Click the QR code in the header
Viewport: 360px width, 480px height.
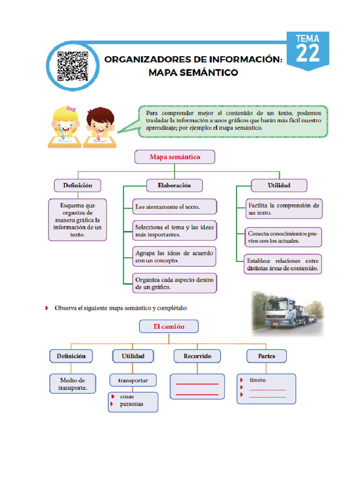point(73,67)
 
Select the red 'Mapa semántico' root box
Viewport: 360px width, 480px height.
point(175,157)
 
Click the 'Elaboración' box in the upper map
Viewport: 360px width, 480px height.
point(174,185)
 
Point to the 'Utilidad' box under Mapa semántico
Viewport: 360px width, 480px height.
point(279,185)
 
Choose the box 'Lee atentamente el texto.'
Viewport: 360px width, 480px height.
point(175,207)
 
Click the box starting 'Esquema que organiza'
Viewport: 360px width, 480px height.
point(77,219)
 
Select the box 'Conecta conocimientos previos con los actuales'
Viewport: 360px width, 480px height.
point(284,237)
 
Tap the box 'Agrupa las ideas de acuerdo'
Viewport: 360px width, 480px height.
point(174,256)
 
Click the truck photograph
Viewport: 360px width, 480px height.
point(287,313)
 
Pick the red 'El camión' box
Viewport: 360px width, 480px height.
point(169,326)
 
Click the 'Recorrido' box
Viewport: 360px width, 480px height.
point(197,356)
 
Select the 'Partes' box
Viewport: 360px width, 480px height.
point(266,356)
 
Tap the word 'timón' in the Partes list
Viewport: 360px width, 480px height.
point(257,380)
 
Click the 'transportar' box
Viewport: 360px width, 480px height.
point(133,380)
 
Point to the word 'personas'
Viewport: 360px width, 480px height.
point(132,404)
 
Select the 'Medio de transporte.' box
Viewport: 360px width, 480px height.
point(73,384)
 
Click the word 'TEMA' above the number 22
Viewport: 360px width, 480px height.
point(307,38)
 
